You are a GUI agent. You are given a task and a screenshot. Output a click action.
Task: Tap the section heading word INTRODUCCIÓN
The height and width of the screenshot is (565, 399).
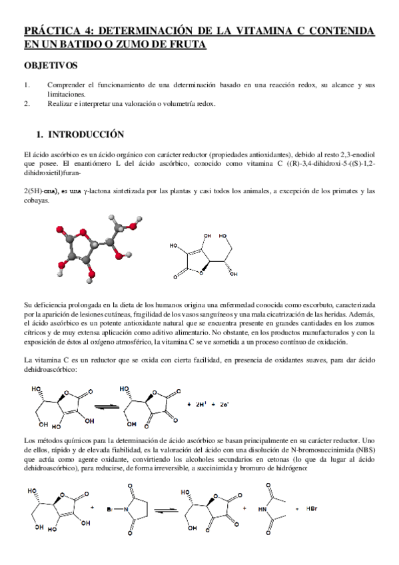pyautogui.click(x=86, y=134)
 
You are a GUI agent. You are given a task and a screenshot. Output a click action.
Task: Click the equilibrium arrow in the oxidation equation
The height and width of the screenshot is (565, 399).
pyautogui.click(x=102, y=405)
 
